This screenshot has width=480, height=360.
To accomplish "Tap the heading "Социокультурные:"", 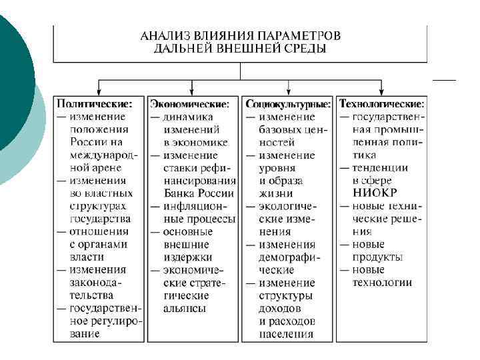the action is point(288,104).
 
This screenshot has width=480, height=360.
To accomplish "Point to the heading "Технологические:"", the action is point(382,104).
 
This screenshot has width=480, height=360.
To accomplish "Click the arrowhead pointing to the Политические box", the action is point(99,89).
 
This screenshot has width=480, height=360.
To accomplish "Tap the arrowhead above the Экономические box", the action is point(193,89).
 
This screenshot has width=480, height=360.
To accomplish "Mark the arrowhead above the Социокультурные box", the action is point(288,89).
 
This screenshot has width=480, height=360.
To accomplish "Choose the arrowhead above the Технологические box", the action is point(383,89).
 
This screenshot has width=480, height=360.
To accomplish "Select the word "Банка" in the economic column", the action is point(178,193).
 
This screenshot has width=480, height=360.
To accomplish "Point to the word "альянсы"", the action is point(184,309).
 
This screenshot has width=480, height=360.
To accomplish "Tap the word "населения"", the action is point(286,334).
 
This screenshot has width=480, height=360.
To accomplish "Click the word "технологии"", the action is point(382,283).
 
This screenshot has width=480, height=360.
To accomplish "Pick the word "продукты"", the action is point(377,257).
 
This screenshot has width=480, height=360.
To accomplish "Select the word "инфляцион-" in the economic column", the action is point(199,206).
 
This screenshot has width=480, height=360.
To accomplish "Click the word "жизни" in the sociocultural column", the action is point(272,193).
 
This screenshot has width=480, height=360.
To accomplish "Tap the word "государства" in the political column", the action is point(100,219).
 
